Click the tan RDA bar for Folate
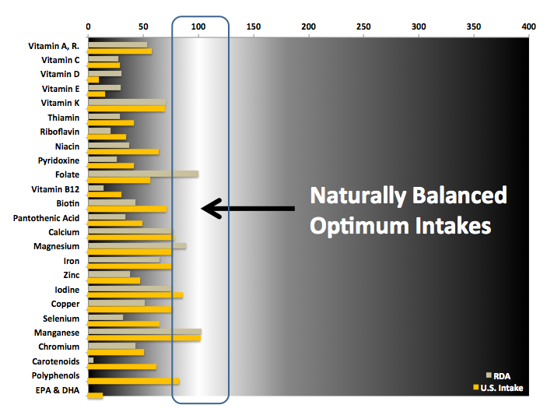click(143, 174)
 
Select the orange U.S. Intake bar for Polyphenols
click(134, 381)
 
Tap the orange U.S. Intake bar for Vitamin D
click(93, 80)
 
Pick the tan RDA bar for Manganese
click(145, 332)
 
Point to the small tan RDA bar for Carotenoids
click(91, 361)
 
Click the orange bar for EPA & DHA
click(96, 396)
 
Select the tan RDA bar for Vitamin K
click(127, 102)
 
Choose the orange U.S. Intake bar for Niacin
click(123, 152)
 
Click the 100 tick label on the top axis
click(198, 26)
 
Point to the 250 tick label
click(363, 26)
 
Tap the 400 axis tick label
click(529, 26)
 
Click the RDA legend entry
click(498, 376)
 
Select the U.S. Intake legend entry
click(498, 388)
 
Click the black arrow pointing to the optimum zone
click(247, 208)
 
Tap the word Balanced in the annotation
click(459, 195)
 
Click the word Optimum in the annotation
click(359, 227)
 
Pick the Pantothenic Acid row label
click(46, 218)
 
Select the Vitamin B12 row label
click(55, 189)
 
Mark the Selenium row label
click(61, 319)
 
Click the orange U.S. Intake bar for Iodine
click(135, 295)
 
